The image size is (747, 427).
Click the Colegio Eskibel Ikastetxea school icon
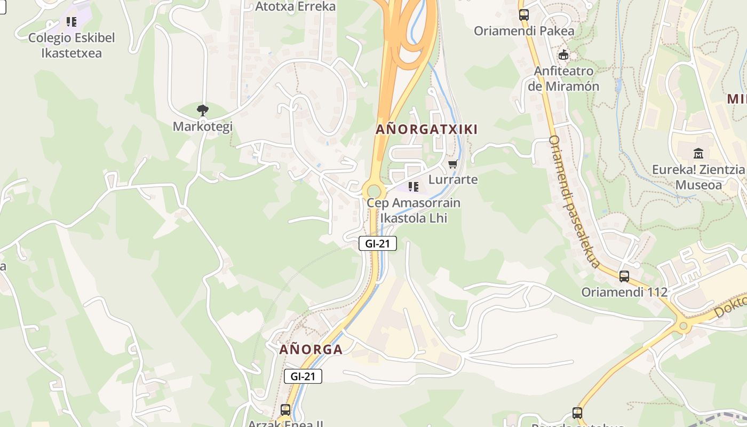(x=71, y=22)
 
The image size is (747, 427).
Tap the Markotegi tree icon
(x=202, y=110)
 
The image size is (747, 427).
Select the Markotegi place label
(x=202, y=126)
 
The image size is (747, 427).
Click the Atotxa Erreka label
(x=295, y=6)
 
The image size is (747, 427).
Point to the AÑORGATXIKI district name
(x=426, y=129)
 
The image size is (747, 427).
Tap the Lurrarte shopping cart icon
(x=452, y=164)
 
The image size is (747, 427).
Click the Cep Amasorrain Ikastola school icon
(x=413, y=187)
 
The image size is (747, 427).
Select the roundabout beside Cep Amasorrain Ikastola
(x=373, y=191)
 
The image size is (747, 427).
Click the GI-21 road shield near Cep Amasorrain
(x=377, y=243)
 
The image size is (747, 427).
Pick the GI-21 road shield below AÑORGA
(x=303, y=376)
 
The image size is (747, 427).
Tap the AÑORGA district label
(x=311, y=350)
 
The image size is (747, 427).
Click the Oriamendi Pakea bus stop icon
(x=523, y=15)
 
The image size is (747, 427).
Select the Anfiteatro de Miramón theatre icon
(x=563, y=54)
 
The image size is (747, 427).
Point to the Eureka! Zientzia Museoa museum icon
(x=698, y=154)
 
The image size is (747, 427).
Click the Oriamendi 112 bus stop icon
(x=624, y=276)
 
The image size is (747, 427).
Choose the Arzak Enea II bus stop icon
(x=285, y=410)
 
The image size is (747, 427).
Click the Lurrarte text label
(x=453, y=179)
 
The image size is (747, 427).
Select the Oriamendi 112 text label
(x=624, y=292)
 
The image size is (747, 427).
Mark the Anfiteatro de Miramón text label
(x=563, y=78)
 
